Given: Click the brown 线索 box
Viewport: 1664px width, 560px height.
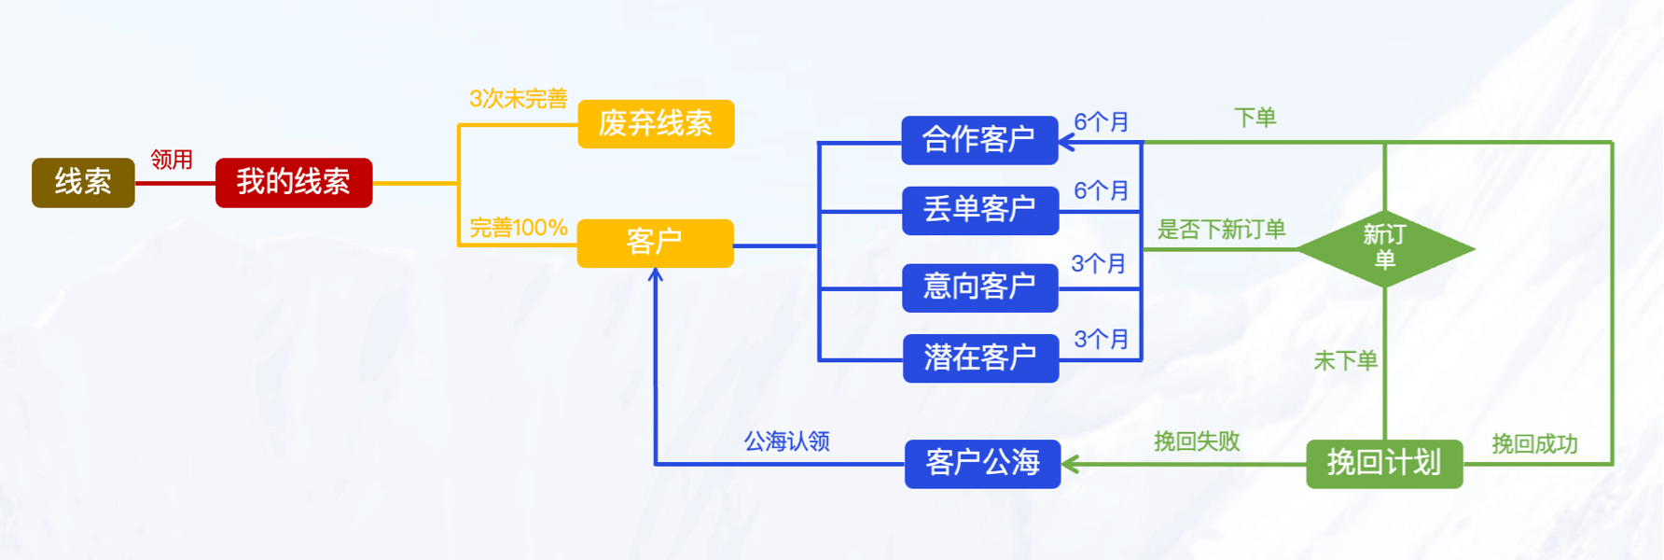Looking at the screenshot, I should (x=83, y=182).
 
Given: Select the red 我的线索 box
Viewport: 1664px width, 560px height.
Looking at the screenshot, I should (x=294, y=182).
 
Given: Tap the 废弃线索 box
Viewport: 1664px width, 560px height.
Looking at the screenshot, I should (x=656, y=124).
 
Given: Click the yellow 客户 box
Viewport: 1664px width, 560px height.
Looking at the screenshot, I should (x=655, y=243).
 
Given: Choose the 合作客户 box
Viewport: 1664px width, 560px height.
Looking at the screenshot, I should (x=979, y=140).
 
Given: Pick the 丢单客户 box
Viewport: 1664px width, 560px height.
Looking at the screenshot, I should (x=979, y=210).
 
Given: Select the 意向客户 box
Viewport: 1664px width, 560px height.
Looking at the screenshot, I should (x=979, y=287).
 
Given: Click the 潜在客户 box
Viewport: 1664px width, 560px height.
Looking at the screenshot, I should (x=980, y=357).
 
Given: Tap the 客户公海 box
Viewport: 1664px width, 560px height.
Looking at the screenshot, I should (x=982, y=463).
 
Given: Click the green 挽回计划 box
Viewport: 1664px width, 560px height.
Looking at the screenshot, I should (x=1384, y=463).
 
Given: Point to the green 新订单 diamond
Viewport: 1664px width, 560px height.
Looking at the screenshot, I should (x=1385, y=248).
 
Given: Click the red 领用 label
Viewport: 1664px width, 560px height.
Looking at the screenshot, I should (x=172, y=160).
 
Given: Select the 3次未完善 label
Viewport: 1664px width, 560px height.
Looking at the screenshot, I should (x=518, y=99).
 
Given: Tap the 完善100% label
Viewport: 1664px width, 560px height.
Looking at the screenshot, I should (x=518, y=228).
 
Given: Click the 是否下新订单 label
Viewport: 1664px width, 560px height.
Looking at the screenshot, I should (x=1221, y=230).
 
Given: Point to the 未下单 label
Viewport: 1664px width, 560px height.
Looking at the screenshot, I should (x=1345, y=361).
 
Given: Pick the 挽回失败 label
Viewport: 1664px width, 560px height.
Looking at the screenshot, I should (x=1197, y=441).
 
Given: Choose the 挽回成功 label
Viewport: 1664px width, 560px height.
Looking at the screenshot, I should (x=1534, y=444).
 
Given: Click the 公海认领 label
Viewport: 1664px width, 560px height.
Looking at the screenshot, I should (x=786, y=441).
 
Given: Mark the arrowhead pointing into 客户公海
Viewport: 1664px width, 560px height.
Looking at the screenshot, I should (x=1070, y=464).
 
